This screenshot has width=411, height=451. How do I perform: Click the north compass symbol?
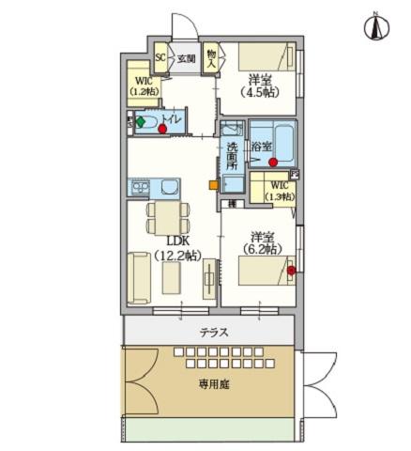pos(373,27)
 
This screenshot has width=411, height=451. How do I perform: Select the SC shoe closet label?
pos(160,58)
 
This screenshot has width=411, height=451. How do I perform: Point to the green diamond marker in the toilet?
pos(142,121)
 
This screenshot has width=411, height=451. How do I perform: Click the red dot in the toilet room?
pos(163,128)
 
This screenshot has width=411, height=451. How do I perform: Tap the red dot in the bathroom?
pos(273,162)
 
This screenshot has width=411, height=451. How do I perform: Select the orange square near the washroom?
pos(212,184)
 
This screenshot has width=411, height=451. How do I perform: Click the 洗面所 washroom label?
pos(232,156)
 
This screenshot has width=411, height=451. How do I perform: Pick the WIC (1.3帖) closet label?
pos(277,191)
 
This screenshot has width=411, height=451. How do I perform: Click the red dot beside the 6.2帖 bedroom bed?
pos(291,272)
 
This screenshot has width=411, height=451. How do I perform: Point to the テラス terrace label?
pos(215,332)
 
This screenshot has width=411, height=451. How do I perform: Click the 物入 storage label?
pos(211,59)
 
